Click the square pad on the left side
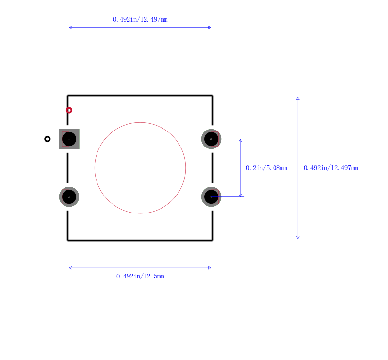[x=69, y=139]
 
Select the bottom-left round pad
[x=69, y=197]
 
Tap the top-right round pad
[x=211, y=139]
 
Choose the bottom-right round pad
[x=211, y=197]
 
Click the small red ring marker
[x=69, y=110]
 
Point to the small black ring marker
[x=47, y=139]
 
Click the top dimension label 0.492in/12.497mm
[x=140, y=19]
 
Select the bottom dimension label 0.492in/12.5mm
[x=140, y=276]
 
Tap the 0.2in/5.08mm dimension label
[x=266, y=168]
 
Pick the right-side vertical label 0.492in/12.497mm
[x=331, y=168]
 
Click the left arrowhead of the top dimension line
[x=70, y=27]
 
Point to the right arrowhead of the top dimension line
[x=210, y=27]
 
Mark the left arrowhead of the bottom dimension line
[x=70, y=268]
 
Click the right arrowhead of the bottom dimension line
[x=210, y=268]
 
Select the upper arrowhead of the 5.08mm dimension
[x=240, y=141]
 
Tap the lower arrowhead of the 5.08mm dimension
[x=240, y=195]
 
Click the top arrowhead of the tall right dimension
[x=298, y=98]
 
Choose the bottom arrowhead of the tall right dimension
[x=298, y=237]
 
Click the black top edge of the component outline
[x=140, y=95]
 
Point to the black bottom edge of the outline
[x=140, y=240]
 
